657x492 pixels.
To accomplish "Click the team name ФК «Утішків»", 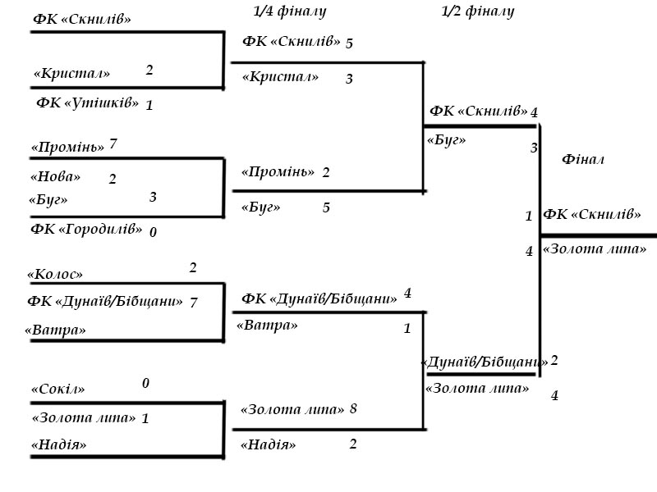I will click(87, 103).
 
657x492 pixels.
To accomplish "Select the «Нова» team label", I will click(56, 176).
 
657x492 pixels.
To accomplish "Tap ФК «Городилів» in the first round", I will click(86, 229).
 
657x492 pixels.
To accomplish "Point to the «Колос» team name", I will click(55, 275).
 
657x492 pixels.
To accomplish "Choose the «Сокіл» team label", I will click(57, 389).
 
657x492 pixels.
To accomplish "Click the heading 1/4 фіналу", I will click(291, 11).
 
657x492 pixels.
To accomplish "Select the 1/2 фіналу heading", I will click(478, 11).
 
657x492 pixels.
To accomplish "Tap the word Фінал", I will click(583, 159).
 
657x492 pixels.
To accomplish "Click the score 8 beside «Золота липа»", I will click(353, 408).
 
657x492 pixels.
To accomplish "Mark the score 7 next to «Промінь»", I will click(113, 144).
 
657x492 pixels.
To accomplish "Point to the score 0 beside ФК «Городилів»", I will click(153, 232).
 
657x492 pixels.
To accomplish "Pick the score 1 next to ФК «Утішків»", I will click(149, 105).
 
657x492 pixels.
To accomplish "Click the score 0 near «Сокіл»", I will click(146, 383).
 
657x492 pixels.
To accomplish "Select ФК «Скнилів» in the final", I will click(592, 215).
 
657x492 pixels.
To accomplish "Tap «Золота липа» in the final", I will click(595, 249).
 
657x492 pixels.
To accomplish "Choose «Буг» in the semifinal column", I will click(447, 140).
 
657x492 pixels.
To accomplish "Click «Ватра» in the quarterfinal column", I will click(267, 326).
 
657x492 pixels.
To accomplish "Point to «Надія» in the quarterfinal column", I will click(268, 445).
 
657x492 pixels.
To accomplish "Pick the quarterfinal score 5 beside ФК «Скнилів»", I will click(349, 43).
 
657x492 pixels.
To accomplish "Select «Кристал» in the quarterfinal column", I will click(280, 77).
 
